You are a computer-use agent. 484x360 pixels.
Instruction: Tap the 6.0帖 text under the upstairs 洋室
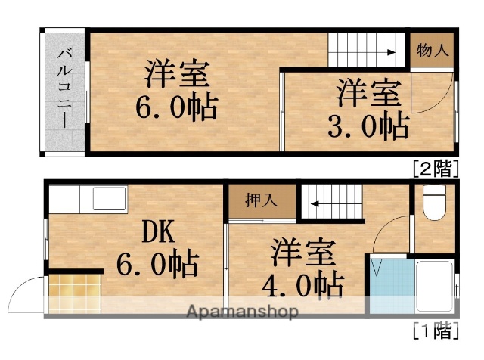point(176,107)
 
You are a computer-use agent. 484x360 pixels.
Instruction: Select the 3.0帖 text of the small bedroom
point(368,125)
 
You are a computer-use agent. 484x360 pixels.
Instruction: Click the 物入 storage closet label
point(433,51)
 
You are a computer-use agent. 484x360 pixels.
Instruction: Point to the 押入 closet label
point(262,201)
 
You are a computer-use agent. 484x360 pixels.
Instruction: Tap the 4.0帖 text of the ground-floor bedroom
point(304,285)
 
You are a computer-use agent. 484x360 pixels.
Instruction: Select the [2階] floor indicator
point(435,169)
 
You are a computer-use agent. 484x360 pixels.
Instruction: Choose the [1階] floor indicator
point(435,331)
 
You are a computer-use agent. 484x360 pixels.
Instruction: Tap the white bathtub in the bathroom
point(435,287)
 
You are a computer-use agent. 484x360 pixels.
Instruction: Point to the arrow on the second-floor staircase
point(389,53)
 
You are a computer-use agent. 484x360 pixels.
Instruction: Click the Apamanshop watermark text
point(242,311)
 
